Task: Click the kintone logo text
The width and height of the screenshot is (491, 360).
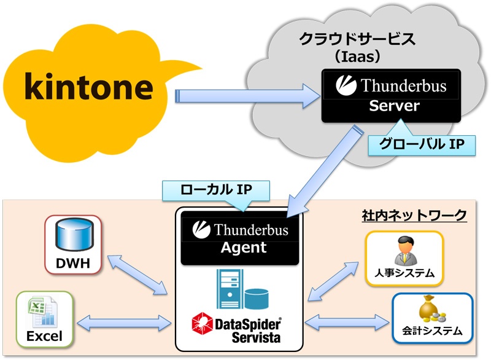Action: tap(89, 86)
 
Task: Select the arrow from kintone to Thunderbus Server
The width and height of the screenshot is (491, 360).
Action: tap(247, 96)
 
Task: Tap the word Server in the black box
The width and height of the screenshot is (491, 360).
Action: tap(394, 106)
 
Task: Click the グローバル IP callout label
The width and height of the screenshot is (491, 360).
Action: tap(422, 144)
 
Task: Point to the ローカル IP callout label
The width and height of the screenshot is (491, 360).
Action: tap(216, 190)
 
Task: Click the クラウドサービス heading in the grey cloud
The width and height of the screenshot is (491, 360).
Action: tap(357, 39)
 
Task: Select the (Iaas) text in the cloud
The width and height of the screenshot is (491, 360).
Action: tap(357, 57)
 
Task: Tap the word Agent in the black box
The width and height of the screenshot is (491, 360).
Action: tap(244, 248)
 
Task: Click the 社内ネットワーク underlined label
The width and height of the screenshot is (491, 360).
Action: tap(414, 215)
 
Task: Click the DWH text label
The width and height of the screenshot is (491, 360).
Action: tap(73, 263)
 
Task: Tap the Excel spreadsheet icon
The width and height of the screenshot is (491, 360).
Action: tap(43, 311)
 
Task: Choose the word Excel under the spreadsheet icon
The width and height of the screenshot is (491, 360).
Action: tap(44, 336)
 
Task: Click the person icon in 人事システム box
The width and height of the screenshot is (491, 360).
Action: tap(405, 250)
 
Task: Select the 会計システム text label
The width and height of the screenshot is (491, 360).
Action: tap(432, 331)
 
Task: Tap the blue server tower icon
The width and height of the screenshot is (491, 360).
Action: tap(230, 289)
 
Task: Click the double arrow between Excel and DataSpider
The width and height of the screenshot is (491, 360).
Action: tap(124, 323)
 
